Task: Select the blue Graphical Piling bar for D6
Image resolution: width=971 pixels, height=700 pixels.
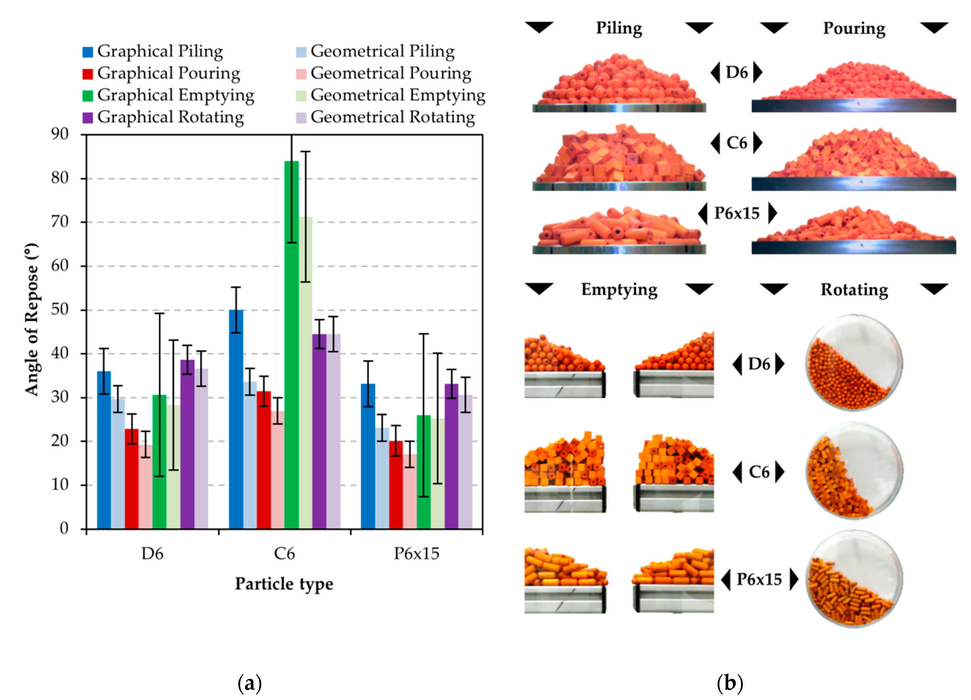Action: (104, 450)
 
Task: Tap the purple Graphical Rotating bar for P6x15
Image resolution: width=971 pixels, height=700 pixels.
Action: (452, 456)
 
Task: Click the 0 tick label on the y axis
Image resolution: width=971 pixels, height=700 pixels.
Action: (64, 529)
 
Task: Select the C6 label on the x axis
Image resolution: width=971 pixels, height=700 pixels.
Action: (284, 554)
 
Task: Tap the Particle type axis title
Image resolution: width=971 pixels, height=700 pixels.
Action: (284, 584)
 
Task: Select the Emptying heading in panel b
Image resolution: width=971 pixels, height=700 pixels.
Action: (619, 290)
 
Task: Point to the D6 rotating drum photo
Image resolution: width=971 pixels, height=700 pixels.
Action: (854, 363)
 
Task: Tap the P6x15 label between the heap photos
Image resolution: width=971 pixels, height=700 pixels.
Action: (737, 213)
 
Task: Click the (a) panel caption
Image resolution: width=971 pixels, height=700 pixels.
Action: (250, 684)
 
